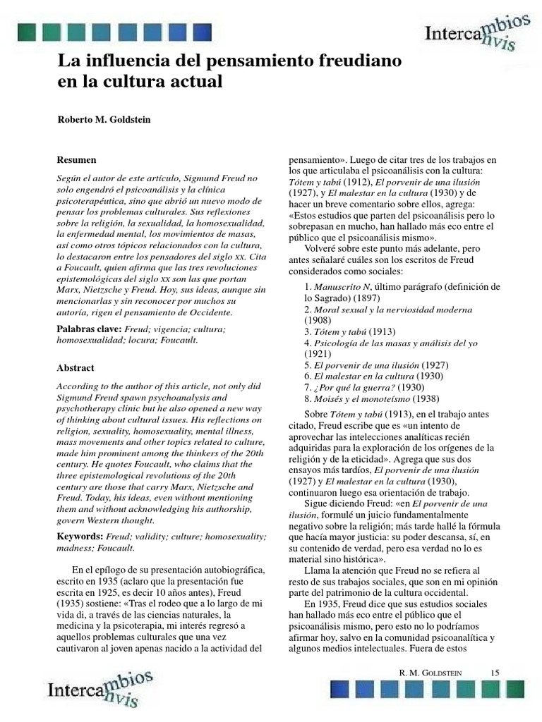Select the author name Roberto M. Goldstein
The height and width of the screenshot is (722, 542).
pyautogui.click(x=104, y=119)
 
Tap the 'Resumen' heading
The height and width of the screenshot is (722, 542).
pyautogui.click(x=77, y=160)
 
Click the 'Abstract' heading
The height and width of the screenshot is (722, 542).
pyautogui.click(x=76, y=367)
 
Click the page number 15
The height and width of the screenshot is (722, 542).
pyautogui.click(x=494, y=673)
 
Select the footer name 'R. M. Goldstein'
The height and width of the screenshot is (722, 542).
pyautogui.click(x=431, y=674)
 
